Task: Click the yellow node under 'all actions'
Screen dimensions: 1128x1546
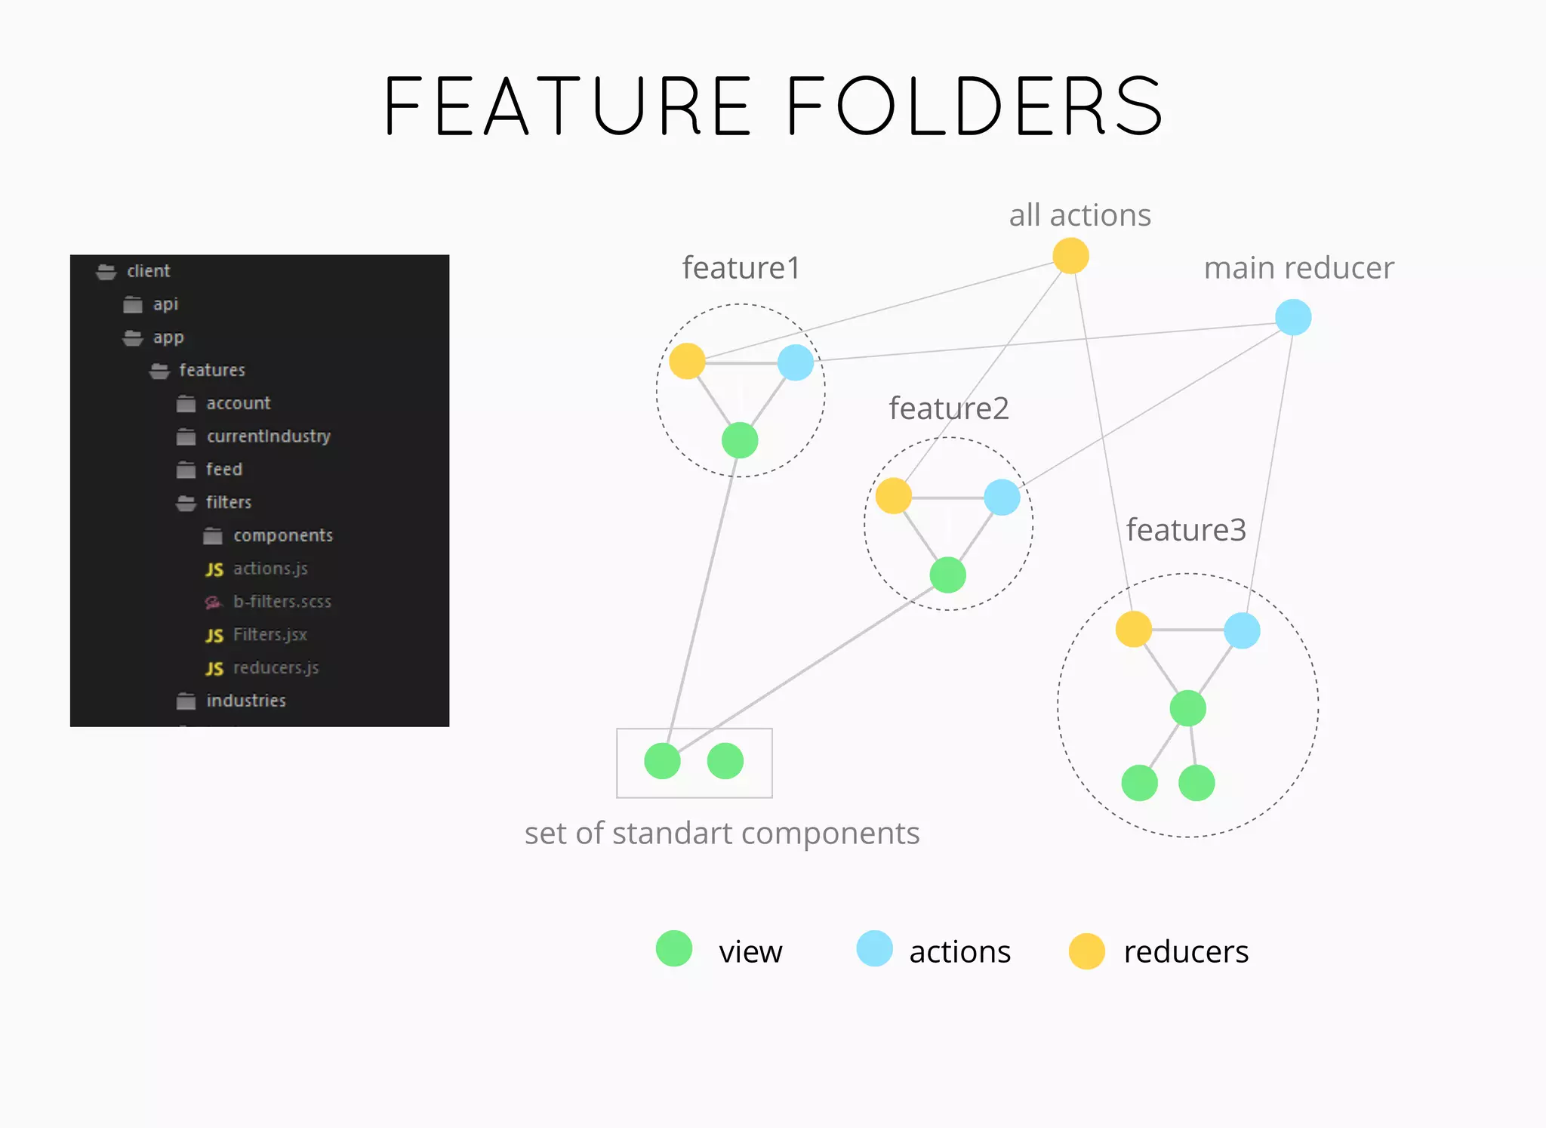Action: coord(1070,255)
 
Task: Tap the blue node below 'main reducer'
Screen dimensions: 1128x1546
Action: coord(1293,317)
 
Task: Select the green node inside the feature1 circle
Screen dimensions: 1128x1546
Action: coord(740,440)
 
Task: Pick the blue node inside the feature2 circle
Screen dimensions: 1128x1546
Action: coord(1002,498)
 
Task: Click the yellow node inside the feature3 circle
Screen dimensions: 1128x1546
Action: coord(1133,629)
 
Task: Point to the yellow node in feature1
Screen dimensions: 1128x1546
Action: coord(687,361)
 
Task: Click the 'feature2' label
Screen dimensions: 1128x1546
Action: coord(948,408)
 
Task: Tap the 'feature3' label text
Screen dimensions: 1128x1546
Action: coord(1185,530)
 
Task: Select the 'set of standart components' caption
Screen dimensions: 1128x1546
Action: coord(722,834)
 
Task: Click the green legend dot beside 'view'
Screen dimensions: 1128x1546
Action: coord(674,949)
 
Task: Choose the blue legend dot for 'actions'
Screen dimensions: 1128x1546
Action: coord(874,949)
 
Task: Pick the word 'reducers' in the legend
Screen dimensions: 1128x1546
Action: coord(1185,952)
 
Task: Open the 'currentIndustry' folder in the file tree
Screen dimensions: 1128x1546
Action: coord(268,436)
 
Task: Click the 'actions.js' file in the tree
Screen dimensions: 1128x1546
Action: coord(270,569)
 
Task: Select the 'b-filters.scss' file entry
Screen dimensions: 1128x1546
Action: coord(282,602)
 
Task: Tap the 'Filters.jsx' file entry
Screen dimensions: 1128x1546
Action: coord(269,635)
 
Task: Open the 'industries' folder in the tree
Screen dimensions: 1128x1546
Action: coord(245,701)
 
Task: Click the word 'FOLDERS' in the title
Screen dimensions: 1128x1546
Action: coord(975,106)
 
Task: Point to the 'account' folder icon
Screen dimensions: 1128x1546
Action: coord(186,404)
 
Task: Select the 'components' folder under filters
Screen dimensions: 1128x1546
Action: coord(282,535)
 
